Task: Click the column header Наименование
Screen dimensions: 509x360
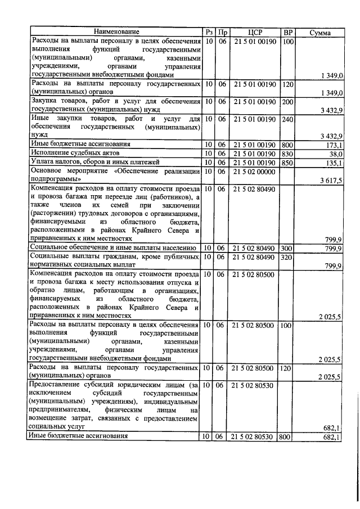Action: coord(115,33)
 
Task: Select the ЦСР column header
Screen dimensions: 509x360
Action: coord(256,33)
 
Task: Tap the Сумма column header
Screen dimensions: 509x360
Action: coord(320,33)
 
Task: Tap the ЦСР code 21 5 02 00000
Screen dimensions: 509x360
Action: coord(256,171)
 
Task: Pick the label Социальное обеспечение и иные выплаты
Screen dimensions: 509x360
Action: coord(112,247)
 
